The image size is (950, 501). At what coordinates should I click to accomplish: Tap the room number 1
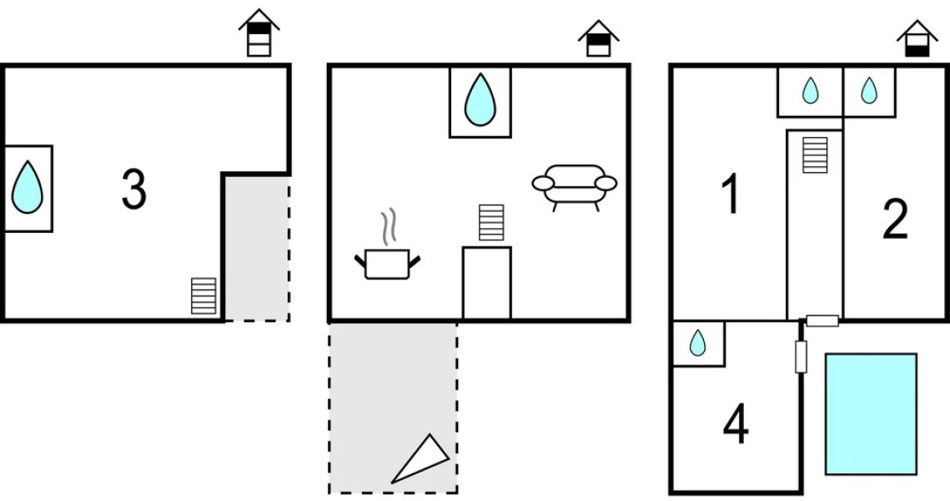tap(730, 195)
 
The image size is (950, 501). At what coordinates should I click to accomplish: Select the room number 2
tap(895, 220)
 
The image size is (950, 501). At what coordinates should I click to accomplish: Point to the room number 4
tap(735, 425)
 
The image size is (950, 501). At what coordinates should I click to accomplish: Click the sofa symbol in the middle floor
tap(575, 185)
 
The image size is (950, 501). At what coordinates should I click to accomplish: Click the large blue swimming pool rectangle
tap(871, 413)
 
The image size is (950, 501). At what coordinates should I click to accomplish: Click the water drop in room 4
tap(698, 342)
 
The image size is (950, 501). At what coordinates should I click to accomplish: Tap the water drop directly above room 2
tap(869, 90)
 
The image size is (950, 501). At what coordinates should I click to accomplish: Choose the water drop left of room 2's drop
tap(810, 90)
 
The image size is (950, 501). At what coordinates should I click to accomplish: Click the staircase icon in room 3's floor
tap(204, 296)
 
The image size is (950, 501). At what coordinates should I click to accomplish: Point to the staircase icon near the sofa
tap(491, 222)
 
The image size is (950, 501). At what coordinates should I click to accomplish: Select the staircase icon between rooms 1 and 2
tap(815, 155)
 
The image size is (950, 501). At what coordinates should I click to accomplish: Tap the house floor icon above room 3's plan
tap(259, 33)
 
